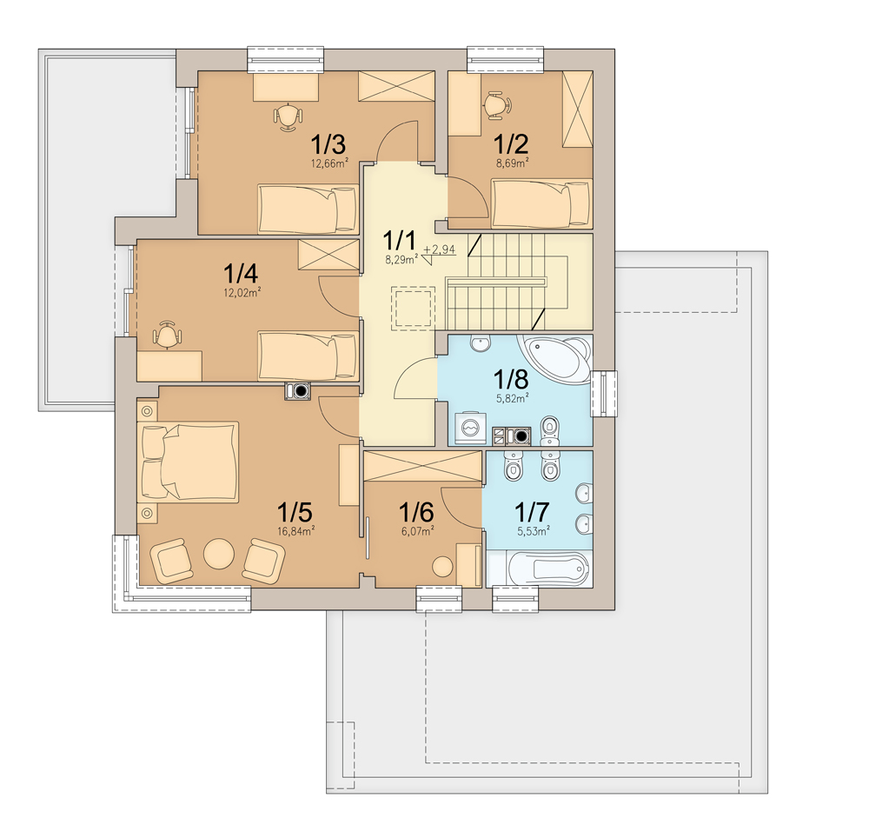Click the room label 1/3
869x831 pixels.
coord(328,144)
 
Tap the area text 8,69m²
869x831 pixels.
coord(512,163)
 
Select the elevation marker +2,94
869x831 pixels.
coord(439,250)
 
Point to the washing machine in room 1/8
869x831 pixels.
coord(470,429)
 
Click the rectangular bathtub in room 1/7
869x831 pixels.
coord(540,568)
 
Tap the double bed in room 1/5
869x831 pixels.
coord(188,462)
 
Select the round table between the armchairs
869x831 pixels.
coord(219,554)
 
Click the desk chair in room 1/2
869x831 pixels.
coord(497,105)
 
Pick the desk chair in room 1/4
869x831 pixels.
coord(167,335)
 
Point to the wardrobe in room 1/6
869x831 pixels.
coord(422,467)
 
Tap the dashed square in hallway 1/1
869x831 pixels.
coord(413,309)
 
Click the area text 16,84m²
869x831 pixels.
coord(296,531)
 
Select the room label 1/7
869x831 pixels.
coord(532,512)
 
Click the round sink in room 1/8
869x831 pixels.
coord(480,343)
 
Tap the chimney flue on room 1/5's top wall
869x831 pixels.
coord(298,391)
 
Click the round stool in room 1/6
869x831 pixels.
coord(443,567)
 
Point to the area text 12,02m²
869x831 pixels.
coord(242,293)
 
